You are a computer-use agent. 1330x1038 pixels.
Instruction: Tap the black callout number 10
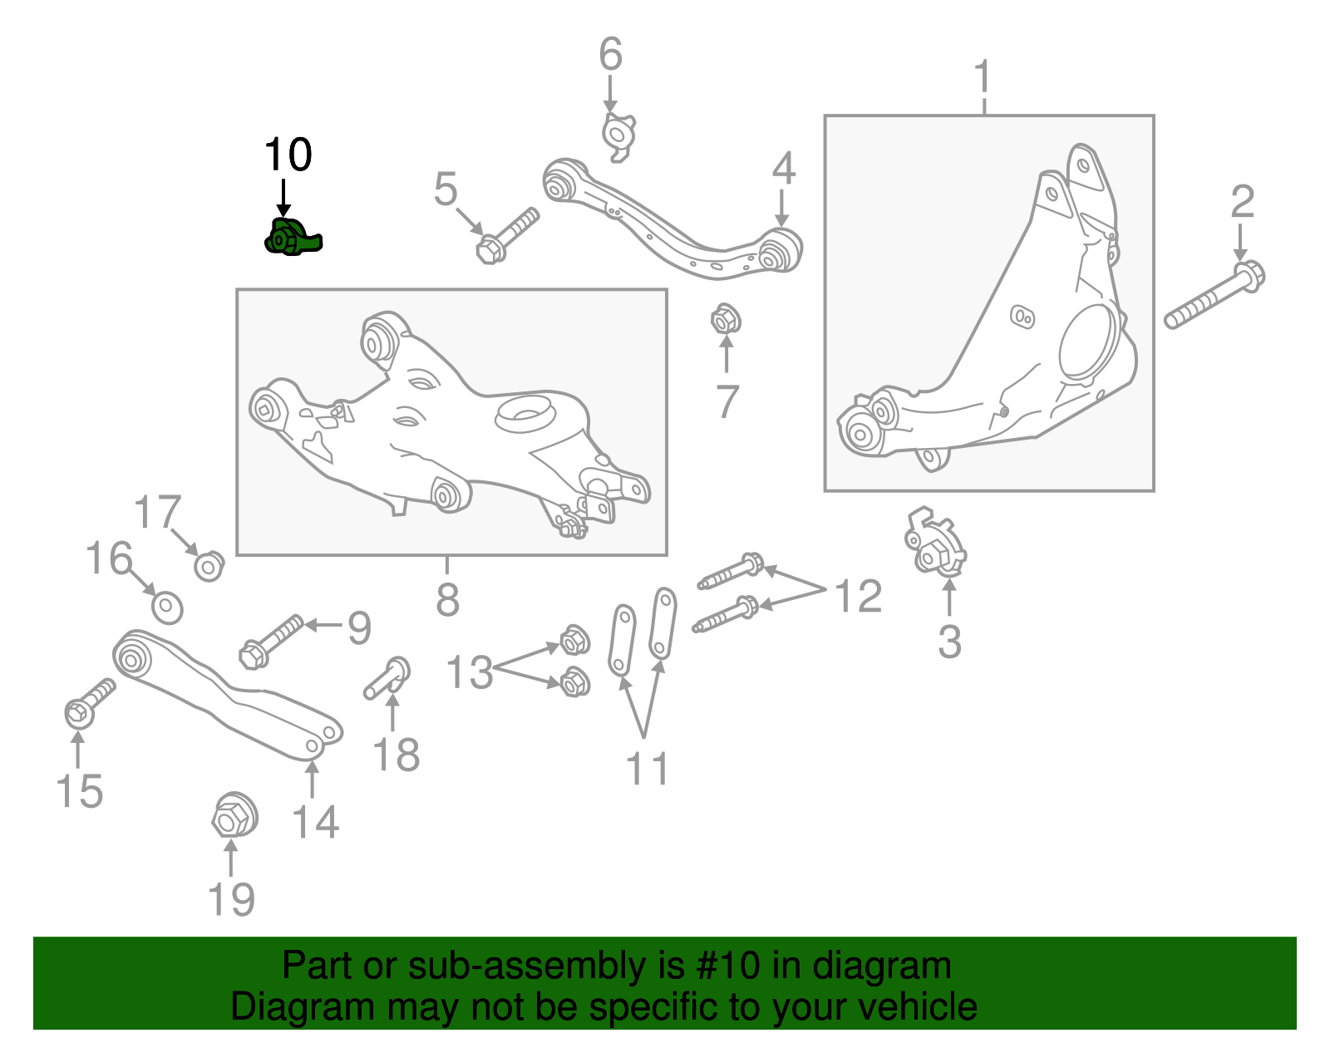click(x=288, y=155)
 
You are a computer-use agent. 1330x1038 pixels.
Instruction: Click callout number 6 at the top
click(x=610, y=55)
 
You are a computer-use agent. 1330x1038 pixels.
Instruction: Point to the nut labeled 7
click(x=725, y=319)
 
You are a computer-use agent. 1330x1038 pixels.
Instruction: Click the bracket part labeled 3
click(x=935, y=545)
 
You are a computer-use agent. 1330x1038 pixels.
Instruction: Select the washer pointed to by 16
click(x=168, y=608)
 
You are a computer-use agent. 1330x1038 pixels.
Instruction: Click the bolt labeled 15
click(x=88, y=703)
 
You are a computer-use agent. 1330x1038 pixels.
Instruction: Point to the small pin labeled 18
click(x=388, y=678)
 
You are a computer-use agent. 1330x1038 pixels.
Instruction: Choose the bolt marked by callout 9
click(x=272, y=640)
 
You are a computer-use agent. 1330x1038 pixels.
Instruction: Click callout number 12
click(x=857, y=597)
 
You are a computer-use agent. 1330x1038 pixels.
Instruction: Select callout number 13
click(x=470, y=672)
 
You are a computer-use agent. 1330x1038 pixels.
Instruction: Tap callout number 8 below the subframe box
click(x=447, y=598)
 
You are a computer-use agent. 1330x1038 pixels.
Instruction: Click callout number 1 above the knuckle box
click(x=983, y=77)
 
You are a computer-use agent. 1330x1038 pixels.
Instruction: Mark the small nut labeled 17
click(x=209, y=566)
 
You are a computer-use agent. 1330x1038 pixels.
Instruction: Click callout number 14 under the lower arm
click(x=315, y=822)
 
